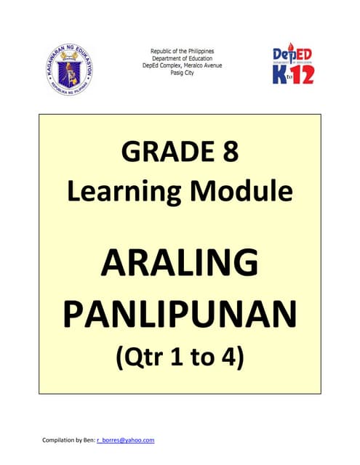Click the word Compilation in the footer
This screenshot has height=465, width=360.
click(x=49, y=440)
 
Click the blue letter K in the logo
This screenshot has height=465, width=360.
click(x=281, y=73)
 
